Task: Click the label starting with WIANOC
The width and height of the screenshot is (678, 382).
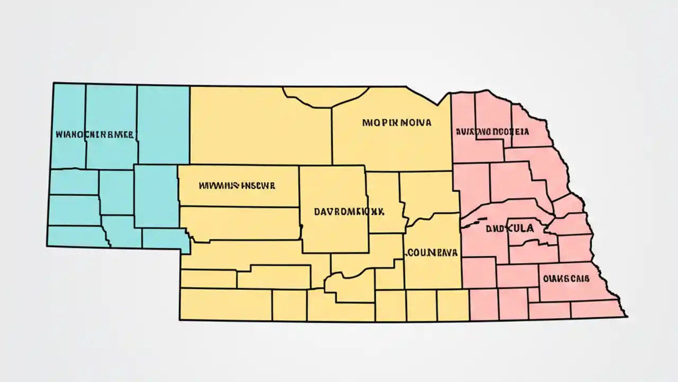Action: coord(94,135)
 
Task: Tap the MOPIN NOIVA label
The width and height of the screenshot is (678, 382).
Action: coord(397,123)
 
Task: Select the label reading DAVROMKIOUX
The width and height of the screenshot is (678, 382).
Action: coord(349,211)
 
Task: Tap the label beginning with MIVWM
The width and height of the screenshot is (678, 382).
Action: coord(237,186)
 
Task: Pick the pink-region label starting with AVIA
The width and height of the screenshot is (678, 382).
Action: coord(492,131)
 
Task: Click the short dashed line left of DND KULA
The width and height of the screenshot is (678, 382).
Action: coord(474,222)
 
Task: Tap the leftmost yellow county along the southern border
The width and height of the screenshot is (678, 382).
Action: coord(225,305)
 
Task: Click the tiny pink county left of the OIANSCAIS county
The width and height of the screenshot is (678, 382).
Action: coord(533,295)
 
